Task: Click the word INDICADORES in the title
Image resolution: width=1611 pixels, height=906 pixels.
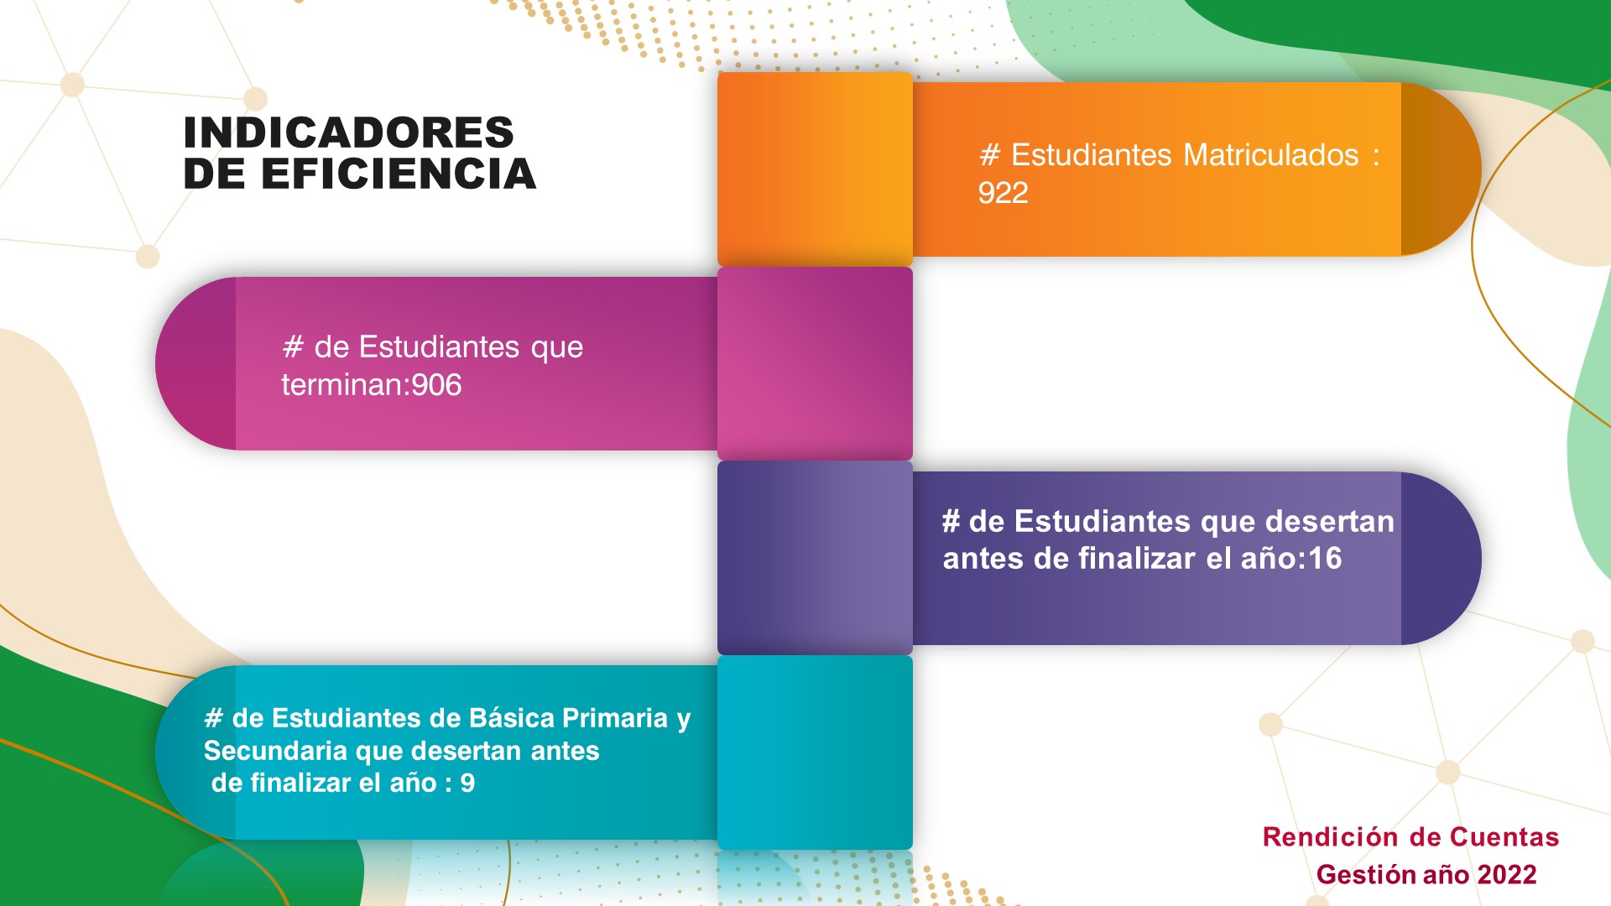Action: tap(348, 133)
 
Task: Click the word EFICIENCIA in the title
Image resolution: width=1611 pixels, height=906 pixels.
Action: tap(399, 174)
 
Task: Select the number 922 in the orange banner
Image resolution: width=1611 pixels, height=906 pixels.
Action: tap(1003, 193)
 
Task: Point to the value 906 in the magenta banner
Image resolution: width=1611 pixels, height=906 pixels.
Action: tap(436, 385)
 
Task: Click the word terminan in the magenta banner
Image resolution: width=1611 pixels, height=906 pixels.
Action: tap(342, 385)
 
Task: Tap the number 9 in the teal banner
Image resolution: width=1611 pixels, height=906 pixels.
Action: tap(467, 783)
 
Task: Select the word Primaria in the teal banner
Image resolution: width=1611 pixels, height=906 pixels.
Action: tap(615, 718)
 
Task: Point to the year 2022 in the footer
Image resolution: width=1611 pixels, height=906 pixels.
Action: tap(1507, 874)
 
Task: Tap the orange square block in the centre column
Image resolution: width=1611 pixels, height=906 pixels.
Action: tap(815, 169)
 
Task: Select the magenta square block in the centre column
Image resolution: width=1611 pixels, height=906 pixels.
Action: tap(815, 363)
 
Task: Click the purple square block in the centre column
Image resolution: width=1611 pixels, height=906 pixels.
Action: tap(815, 558)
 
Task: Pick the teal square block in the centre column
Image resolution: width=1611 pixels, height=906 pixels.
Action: tap(815, 752)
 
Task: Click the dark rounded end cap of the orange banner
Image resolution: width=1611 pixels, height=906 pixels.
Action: tap(1440, 169)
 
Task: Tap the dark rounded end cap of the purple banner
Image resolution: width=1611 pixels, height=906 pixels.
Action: tap(1440, 558)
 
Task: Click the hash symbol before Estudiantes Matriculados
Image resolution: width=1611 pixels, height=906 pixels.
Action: tap(990, 155)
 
